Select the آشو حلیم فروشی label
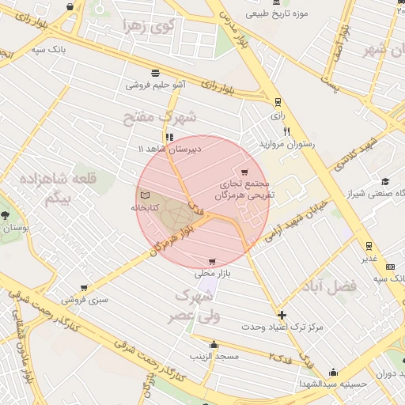(x=157, y=83)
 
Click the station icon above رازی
(x=277, y=102)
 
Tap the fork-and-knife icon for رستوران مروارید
(x=286, y=132)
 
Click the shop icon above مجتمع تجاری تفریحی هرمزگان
(x=244, y=172)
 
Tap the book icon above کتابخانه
(x=144, y=195)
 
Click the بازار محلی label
(x=211, y=274)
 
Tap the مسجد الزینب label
(x=214, y=357)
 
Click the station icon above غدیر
(x=369, y=246)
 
